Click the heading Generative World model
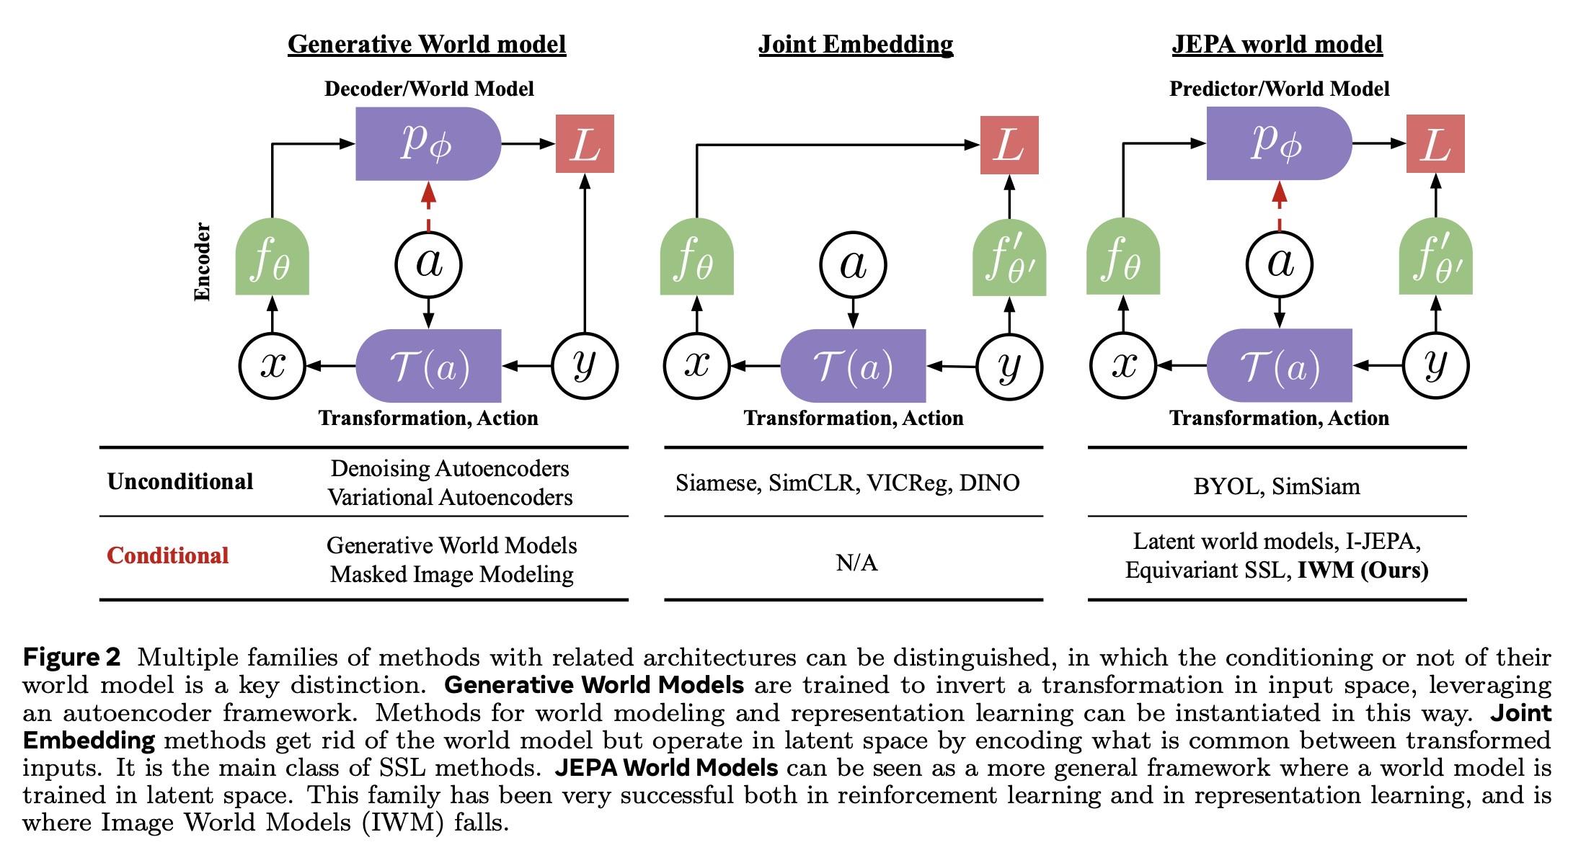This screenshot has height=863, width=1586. coord(427,44)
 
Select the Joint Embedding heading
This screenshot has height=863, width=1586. coord(855,44)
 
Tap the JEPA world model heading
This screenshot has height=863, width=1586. coord(1277,44)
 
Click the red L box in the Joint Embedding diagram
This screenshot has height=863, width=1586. coord(1009,145)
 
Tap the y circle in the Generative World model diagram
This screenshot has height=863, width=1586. coord(585,365)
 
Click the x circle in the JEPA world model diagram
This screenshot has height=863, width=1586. coord(1123,365)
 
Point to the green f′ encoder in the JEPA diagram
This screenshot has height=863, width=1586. coord(1435,259)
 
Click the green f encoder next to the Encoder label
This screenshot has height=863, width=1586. coord(272,259)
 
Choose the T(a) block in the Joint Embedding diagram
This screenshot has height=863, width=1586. coord(854,366)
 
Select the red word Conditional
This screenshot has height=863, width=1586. coord(168,555)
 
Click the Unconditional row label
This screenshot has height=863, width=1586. coord(180,481)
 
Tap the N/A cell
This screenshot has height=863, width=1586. coord(856,563)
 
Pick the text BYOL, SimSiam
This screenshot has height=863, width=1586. coord(1276,486)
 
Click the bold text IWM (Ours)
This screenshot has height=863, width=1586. coord(1363,571)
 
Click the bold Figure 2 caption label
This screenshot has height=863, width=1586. coord(71,657)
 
